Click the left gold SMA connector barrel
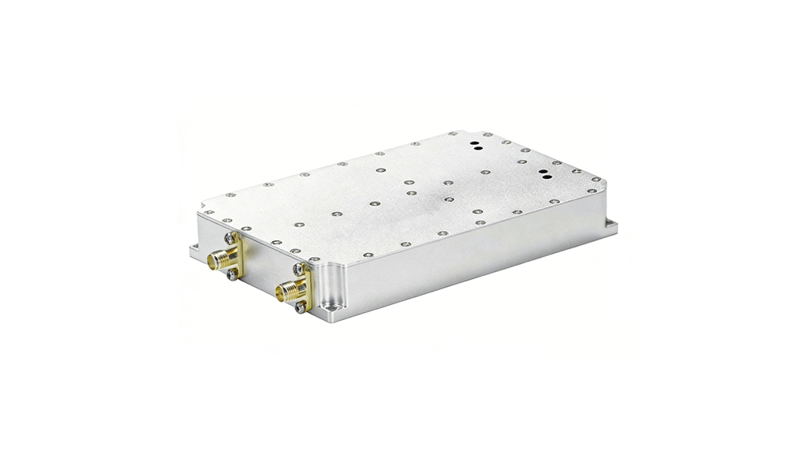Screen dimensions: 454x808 [215, 259]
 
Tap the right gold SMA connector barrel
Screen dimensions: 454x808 [283, 293]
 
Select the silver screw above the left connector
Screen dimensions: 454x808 [229, 237]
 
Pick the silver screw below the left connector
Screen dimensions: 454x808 [232, 274]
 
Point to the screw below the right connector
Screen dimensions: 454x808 [300, 307]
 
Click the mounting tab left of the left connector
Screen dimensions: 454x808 [194, 251]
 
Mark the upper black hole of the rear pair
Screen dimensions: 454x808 [476, 144]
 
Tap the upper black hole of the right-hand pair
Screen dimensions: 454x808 [544, 169]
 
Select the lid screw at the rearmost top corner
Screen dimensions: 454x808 [452, 134]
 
